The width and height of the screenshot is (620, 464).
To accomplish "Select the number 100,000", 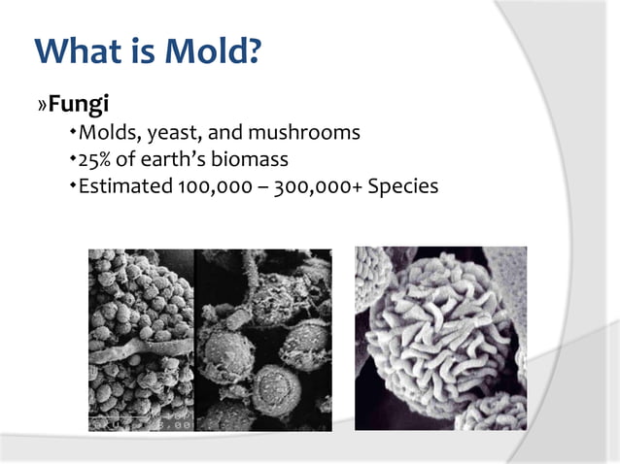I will coord(210,183).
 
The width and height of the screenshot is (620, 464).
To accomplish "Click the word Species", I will coord(402,183).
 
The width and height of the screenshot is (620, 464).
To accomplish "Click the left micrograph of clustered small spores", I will coord(141,340).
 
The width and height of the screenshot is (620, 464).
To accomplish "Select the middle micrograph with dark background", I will coord(262,340).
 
